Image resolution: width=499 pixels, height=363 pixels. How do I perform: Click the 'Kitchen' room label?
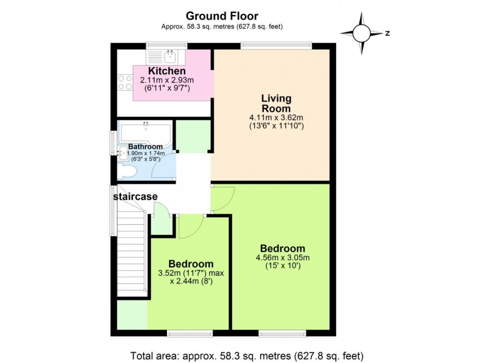pyautogui.click(x=167, y=71)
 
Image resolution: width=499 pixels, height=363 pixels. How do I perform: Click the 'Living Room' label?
pyautogui.click(x=276, y=103)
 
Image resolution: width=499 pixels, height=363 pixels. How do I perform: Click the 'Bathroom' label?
pyautogui.click(x=146, y=147)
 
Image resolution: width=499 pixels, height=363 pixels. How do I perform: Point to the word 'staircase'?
pyautogui.click(x=135, y=197)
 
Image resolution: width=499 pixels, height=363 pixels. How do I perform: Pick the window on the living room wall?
pyautogui.click(x=275, y=45)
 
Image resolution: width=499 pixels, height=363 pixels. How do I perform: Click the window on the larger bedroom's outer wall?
pyautogui.click(x=282, y=334)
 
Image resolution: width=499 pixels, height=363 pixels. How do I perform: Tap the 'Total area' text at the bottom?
pyautogui.click(x=249, y=355)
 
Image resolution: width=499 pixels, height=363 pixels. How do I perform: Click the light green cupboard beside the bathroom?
pyautogui.click(x=193, y=136)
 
